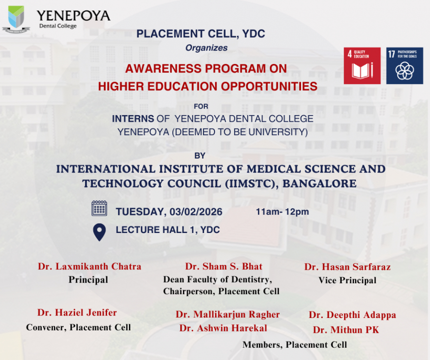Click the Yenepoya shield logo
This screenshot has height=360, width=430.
(16, 18)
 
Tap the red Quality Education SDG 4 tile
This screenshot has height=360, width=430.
(362, 66)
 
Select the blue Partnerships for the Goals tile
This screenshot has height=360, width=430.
(404, 66)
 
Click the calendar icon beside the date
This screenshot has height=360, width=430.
(99, 209)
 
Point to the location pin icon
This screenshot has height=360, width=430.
(99, 232)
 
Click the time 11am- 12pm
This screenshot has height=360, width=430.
(282, 212)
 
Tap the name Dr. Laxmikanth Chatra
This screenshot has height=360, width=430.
(89, 266)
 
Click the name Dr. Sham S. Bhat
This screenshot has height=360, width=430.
(224, 266)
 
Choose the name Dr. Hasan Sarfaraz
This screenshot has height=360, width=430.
(347, 267)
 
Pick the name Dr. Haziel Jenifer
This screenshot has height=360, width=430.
(77, 313)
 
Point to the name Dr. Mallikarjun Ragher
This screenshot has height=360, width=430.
(227, 314)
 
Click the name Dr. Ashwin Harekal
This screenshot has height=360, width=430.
(223, 328)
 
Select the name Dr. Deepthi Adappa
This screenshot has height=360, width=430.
(352, 315)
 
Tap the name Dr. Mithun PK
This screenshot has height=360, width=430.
(346, 330)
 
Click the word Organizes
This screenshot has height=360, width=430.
(206, 48)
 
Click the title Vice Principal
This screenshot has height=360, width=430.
(347, 280)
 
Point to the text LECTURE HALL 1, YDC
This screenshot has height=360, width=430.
(168, 230)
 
